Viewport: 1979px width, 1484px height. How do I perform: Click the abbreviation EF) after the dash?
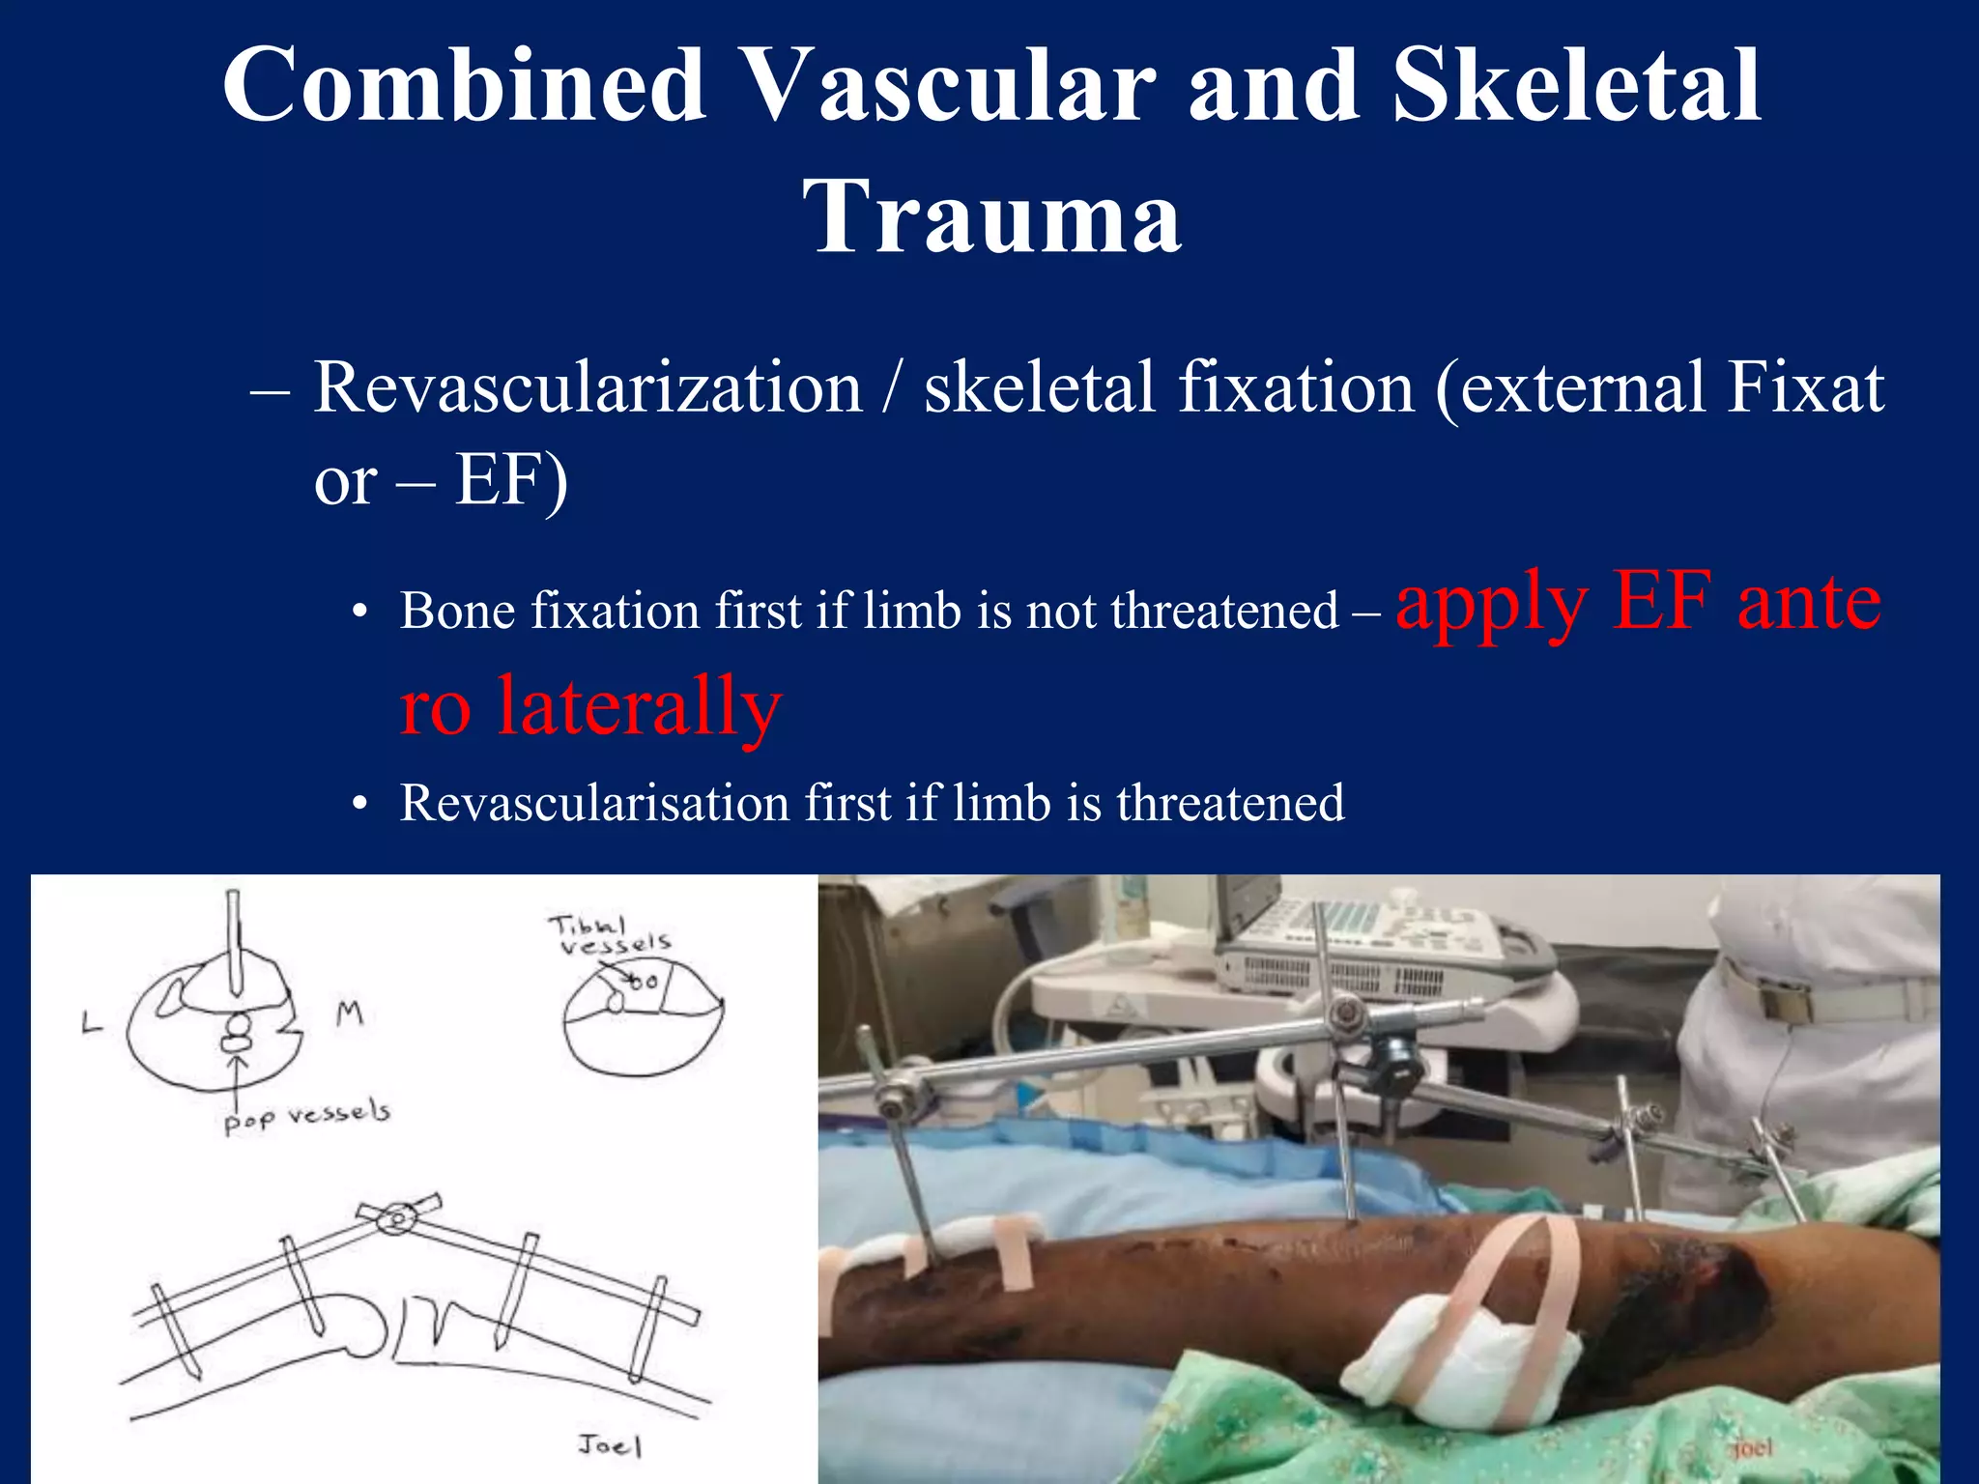pos(511,480)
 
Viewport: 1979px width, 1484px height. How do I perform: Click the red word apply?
pos(1492,604)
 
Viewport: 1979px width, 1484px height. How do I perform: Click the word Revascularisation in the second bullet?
pos(595,803)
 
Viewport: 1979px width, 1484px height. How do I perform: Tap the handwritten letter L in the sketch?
pos(92,1022)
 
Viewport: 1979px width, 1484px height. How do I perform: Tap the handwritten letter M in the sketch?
pos(349,1013)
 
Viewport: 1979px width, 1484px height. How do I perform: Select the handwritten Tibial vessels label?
pos(611,934)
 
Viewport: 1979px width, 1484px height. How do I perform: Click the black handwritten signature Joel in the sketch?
pos(610,1445)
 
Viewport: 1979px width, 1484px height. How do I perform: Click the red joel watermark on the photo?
pos(1751,1447)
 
